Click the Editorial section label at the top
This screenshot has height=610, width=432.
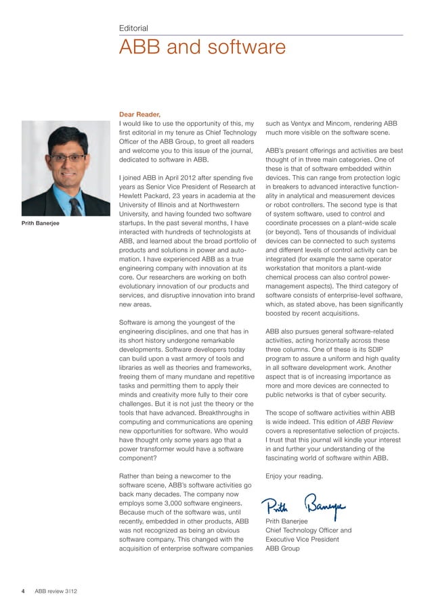pyautogui.click(x=133, y=28)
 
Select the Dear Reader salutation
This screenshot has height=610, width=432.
pyautogui.click(x=140, y=114)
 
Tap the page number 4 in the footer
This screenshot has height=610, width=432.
pyautogui.click(x=23, y=590)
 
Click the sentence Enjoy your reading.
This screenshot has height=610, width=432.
pyautogui.click(x=294, y=475)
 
